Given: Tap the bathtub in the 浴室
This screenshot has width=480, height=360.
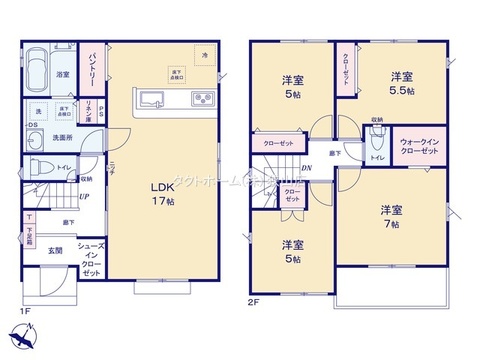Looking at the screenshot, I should click(x=36, y=72).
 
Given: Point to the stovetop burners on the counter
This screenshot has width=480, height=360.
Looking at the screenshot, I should click(x=201, y=98).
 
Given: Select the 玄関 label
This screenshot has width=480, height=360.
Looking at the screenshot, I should click(x=55, y=250).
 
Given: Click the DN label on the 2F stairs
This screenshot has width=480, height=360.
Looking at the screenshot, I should click(x=307, y=168).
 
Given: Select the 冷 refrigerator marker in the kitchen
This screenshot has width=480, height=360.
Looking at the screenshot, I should click(x=205, y=52).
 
